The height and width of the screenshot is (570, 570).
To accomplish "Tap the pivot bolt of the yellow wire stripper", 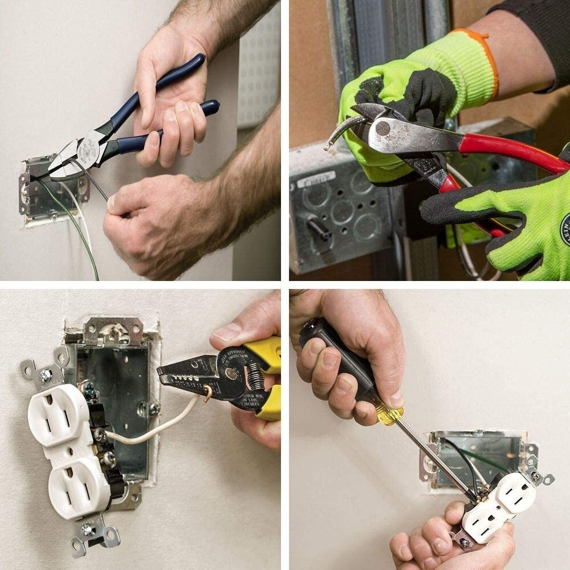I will pos(230,374).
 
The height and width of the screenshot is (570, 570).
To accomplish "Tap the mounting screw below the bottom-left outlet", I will pos(88,530).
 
